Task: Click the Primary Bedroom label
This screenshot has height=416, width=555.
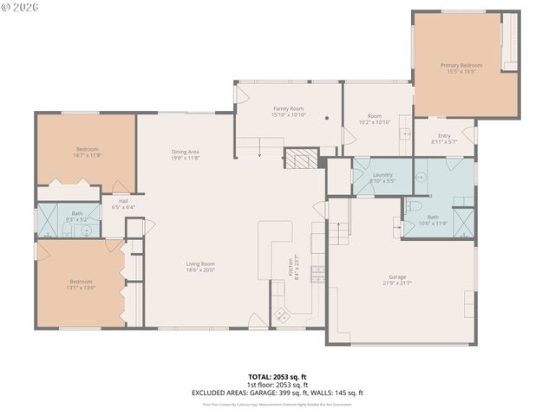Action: tap(460, 66)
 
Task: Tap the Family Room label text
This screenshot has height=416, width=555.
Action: tap(287, 109)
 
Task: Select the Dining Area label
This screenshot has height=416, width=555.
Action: tap(185, 153)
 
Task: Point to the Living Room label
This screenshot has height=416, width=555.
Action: tap(200, 264)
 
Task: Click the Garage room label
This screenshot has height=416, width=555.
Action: tap(395, 277)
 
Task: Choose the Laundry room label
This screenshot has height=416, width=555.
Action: tap(382, 176)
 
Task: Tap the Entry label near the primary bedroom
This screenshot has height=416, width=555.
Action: tap(444, 136)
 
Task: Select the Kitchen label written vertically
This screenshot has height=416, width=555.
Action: tap(292, 267)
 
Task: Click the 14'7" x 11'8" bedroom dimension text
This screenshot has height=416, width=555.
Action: tap(87, 155)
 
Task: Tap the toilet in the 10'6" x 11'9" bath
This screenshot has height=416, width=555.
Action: tap(414, 206)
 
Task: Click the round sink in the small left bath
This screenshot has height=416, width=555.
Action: tap(87, 220)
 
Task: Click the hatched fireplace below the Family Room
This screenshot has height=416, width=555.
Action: tap(301, 159)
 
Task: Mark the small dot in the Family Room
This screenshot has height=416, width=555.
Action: tap(327, 118)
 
